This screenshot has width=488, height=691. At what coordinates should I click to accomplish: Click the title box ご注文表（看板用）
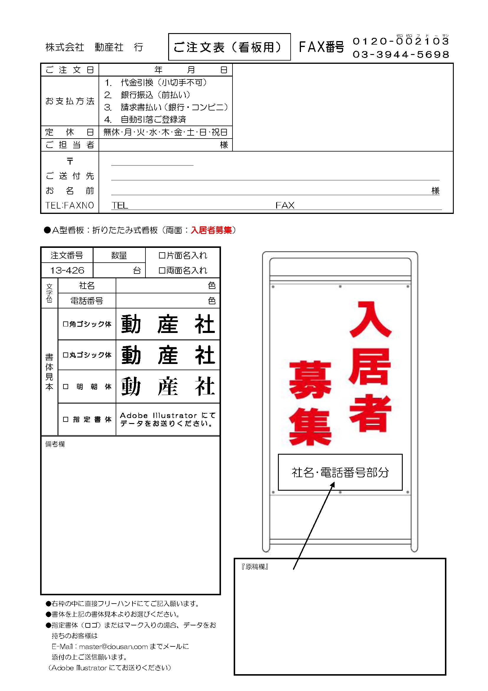click(x=229, y=47)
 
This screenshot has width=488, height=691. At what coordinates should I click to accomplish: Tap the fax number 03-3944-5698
click(x=401, y=54)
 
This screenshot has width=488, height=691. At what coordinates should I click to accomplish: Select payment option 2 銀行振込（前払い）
click(x=147, y=95)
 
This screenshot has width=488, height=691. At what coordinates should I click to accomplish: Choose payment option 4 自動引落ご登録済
click(x=145, y=119)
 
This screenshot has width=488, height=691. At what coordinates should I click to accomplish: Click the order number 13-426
click(x=67, y=270)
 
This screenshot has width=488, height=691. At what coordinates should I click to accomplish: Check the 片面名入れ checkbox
click(x=162, y=256)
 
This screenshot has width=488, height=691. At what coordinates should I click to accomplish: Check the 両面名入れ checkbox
click(x=162, y=271)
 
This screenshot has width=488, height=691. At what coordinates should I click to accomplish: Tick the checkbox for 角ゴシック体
click(x=65, y=324)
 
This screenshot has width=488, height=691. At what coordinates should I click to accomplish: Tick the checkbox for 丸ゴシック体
click(x=65, y=355)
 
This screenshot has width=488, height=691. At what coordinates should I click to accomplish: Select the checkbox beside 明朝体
click(x=65, y=387)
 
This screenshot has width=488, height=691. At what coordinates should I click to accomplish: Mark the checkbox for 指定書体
click(x=65, y=419)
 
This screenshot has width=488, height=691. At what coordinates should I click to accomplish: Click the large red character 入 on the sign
click(x=371, y=319)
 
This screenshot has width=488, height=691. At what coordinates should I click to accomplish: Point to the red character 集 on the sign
click(x=310, y=426)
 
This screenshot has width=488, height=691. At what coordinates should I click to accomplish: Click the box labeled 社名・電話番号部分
click(x=340, y=472)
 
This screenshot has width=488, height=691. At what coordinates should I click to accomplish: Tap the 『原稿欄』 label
click(x=255, y=567)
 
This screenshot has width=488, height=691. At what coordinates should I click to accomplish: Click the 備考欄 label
click(x=55, y=444)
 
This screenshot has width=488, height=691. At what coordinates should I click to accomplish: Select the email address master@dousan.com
click(x=113, y=646)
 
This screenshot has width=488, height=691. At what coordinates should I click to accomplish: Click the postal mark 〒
click(x=70, y=161)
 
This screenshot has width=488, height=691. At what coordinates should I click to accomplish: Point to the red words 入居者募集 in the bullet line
click(x=211, y=230)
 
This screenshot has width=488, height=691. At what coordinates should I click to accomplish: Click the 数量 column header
click(x=119, y=256)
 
